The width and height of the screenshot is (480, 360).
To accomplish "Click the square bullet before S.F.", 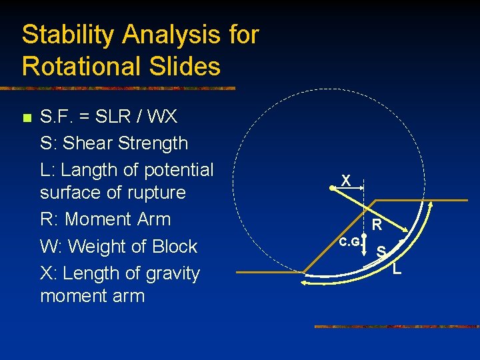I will click(x=26, y=119).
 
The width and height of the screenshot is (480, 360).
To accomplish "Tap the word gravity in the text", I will click(x=167, y=273).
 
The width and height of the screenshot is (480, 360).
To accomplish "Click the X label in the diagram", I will click(x=345, y=181).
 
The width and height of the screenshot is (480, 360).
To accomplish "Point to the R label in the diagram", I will click(x=377, y=225).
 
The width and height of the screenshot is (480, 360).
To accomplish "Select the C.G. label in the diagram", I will click(x=349, y=242).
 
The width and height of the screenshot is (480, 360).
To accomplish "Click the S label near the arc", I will click(x=381, y=251).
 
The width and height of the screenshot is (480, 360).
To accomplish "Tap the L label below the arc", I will click(x=397, y=269).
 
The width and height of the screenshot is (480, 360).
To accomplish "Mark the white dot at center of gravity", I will click(x=364, y=236).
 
